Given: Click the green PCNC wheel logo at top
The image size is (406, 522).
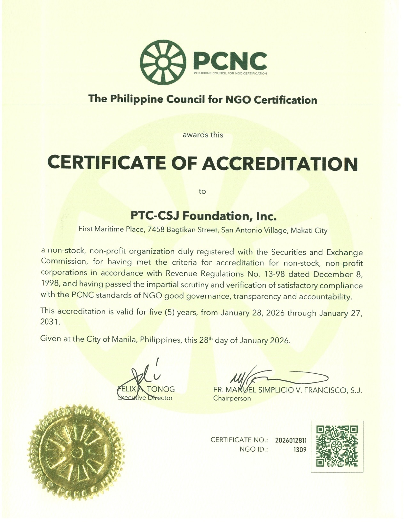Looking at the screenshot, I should pos(163,62).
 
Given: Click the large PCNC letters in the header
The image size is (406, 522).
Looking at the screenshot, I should pos(230,60).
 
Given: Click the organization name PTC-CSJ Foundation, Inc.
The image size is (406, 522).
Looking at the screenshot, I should pos(203,216).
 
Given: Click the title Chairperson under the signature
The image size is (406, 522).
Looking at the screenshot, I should pos(232,398).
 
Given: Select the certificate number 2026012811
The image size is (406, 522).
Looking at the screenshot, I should pos(291,440).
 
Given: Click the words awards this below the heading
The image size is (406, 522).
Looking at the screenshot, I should pos(203,135).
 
